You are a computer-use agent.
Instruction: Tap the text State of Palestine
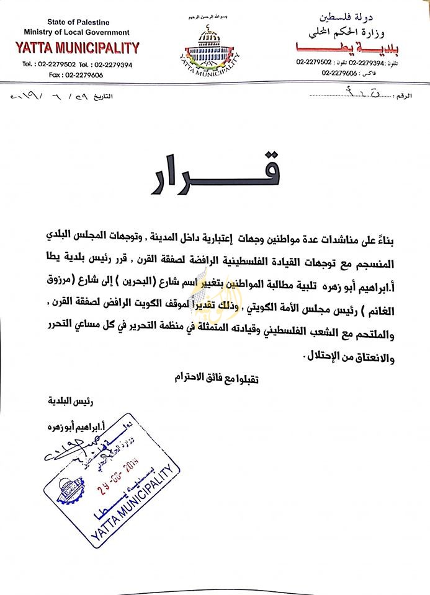click(x=76, y=22)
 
